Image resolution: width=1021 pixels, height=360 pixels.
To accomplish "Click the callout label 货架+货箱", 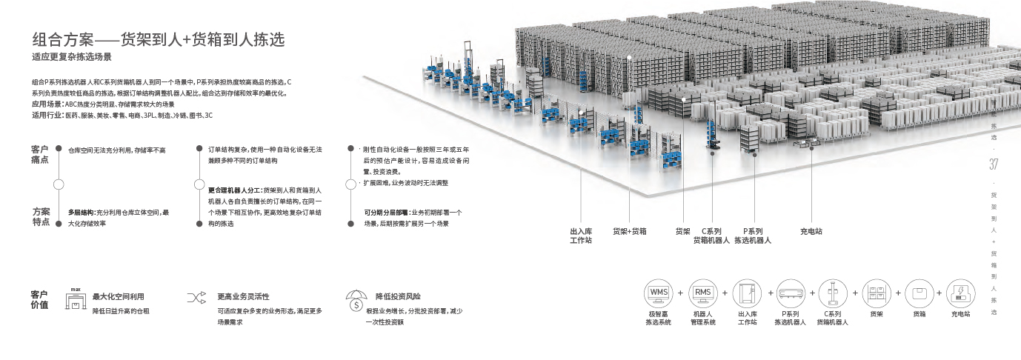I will tap(629, 231).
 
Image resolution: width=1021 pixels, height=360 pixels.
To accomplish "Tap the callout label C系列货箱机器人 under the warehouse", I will tap(711, 235).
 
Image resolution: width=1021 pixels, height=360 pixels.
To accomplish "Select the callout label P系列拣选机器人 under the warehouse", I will tap(753, 235).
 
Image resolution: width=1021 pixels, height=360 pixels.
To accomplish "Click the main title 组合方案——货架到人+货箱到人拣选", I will tap(158, 39).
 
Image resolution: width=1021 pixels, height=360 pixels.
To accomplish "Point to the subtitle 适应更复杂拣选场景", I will tap(71, 57).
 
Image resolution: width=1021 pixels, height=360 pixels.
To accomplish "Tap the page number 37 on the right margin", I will tap(994, 164).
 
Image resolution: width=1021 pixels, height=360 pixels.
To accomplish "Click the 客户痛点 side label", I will tap(40, 154).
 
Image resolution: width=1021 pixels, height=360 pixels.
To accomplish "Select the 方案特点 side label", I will tap(41, 217).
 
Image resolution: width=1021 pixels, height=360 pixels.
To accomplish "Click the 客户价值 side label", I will tap(39, 299).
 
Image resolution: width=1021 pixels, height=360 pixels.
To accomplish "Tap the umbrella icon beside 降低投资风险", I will tap(356, 300).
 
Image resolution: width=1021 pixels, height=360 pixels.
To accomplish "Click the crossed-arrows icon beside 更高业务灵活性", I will tap(196, 298).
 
